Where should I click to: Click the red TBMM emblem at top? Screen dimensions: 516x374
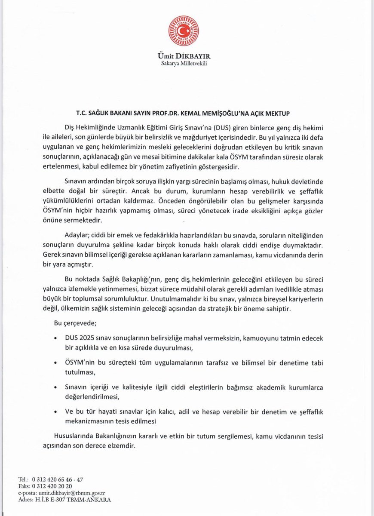coord(187,32)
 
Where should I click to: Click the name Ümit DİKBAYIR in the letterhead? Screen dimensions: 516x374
coord(187,57)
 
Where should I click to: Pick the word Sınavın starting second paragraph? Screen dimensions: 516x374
coord(77,182)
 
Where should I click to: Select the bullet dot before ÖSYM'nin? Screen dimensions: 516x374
coord(57,362)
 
